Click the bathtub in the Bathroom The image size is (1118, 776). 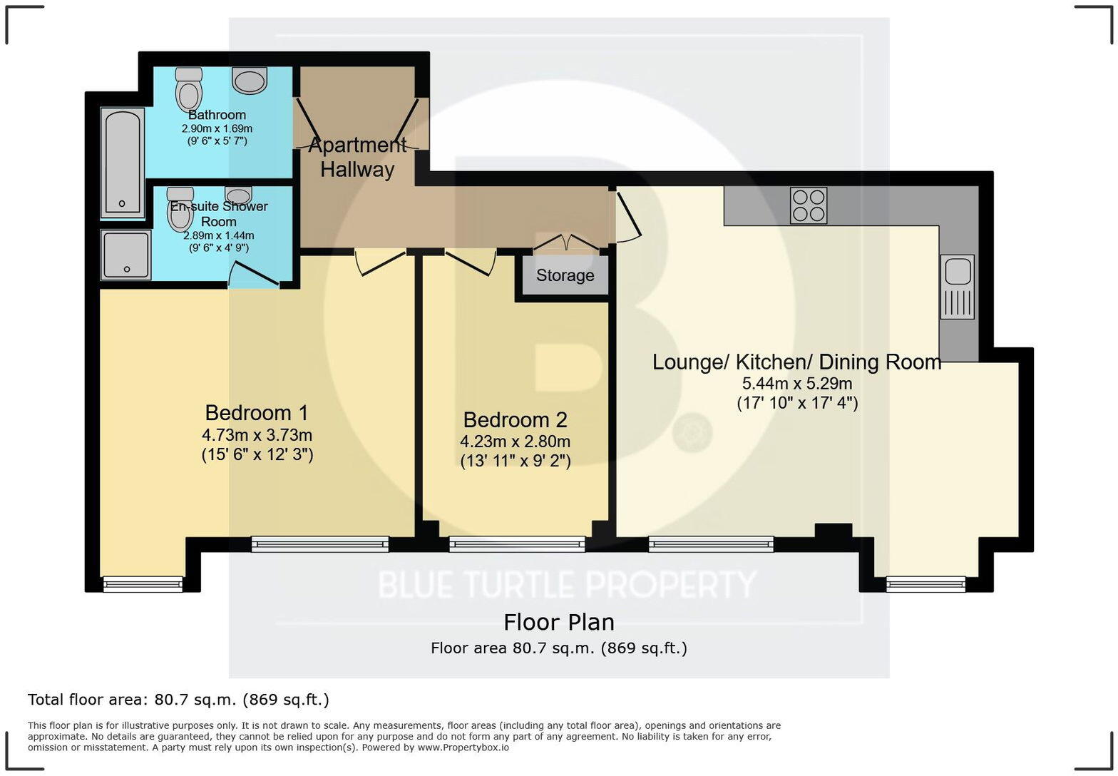(x=123, y=162)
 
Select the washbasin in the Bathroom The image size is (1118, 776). (x=250, y=81)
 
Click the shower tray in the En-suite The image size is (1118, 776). (x=126, y=255)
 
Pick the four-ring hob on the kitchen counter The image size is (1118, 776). (x=809, y=205)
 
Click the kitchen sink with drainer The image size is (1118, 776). (x=957, y=287)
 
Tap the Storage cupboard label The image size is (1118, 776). (x=565, y=275)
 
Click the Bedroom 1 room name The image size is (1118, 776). (x=257, y=413)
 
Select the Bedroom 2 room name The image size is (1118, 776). (x=515, y=419)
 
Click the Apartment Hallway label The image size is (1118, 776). (x=357, y=158)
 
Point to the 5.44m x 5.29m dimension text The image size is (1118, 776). (x=797, y=384)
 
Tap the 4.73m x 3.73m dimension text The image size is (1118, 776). (x=257, y=435)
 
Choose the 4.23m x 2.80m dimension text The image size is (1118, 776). (x=515, y=441)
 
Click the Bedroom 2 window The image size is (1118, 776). (x=517, y=545)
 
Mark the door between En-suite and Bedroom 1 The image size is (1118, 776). (x=253, y=275)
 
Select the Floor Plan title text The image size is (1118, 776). (x=558, y=623)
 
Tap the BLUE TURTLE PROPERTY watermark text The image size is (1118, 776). (x=566, y=585)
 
